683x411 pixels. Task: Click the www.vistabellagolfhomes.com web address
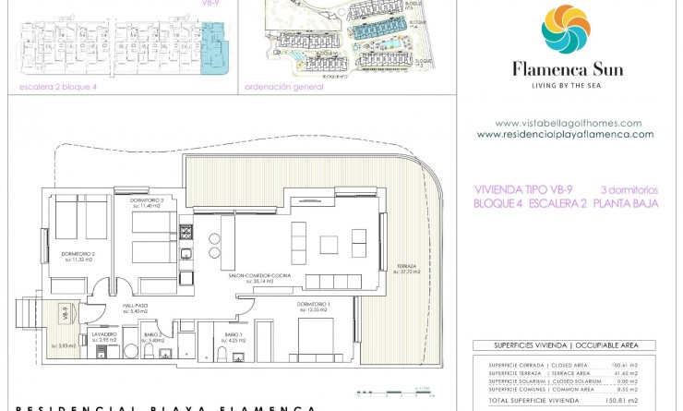click(x=568, y=123)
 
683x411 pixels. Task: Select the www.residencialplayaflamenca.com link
click(x=565, y=134)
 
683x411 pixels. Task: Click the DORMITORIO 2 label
click(x=78, y=255)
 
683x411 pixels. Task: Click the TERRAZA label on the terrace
click(x=407, y=266)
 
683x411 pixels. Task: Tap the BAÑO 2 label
click(x=153, y=335)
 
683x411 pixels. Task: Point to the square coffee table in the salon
click(x=330, y=244)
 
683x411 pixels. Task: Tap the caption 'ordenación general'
click(x=284, y=88)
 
